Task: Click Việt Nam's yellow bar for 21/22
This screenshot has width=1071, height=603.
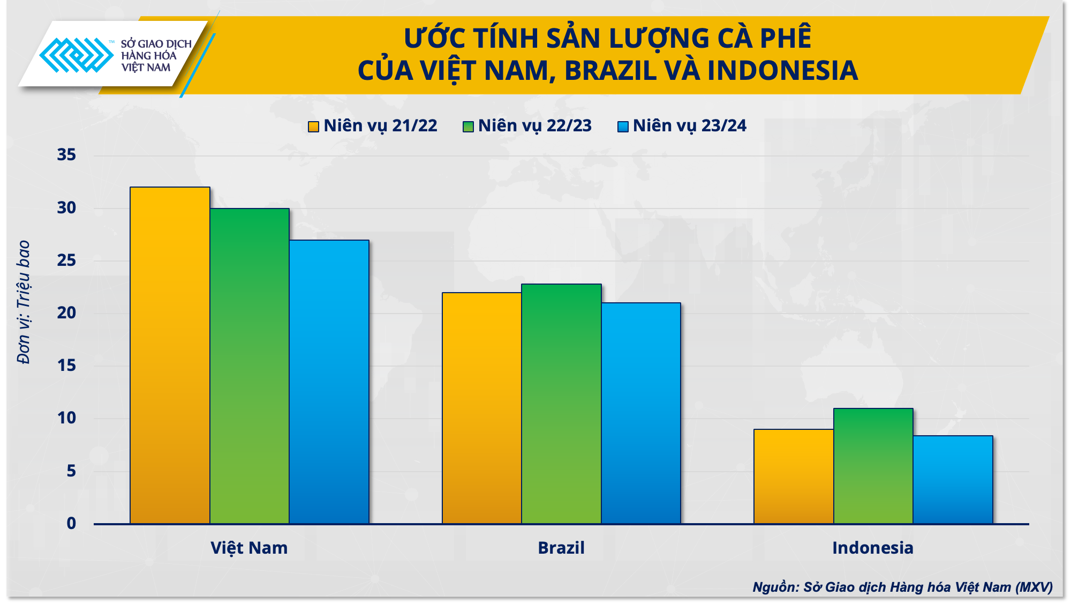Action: pyautogui.click(x=170, y=355)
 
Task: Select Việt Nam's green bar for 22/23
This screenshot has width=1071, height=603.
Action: pyautogui.click(x=250, y=366)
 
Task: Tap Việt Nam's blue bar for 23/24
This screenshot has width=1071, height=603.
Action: pyautogui.click(x=329, y=382)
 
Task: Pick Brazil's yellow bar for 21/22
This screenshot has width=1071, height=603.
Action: pyautogui.click(x=481, y=408)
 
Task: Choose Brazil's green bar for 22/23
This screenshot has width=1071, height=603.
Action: pyautogui.click(x=561, y=404)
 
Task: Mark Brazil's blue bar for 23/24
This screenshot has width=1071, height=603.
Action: pyautogui.click(x=640, y=413)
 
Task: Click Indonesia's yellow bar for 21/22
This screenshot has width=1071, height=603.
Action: pyautogui.click(x=793, y=476)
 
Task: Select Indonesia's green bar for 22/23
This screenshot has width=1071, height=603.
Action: pyautogui.click(x=873, y=466)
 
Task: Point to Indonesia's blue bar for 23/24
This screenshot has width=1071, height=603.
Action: pyautogui.click(x=953, y=479)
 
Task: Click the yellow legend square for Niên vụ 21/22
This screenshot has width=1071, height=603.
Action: pyautogui.click(x=313, y=126)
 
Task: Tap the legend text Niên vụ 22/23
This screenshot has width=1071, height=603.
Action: pyautogui.click(x=534, y=125)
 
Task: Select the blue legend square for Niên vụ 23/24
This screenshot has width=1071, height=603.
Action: pyautogui.click(x=623, y=126)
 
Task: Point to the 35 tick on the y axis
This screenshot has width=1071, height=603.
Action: pyautogui.click(x=66, y=155)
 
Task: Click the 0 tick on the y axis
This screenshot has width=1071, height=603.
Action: pyautogui.click(x=71, y=523)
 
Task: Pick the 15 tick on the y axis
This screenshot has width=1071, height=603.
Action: pyautogui.click(x=66, y=366)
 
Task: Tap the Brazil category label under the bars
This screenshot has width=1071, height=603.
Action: pyautogui.click(x=561, y=548)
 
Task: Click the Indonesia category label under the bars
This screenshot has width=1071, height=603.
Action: pyautogui.click(x=872, y=548)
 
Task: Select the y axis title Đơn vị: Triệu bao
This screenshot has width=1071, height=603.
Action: pyautogui.click(x=24, y=302)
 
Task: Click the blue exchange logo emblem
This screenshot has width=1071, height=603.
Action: pyautogui.click(x=76, y=55)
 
